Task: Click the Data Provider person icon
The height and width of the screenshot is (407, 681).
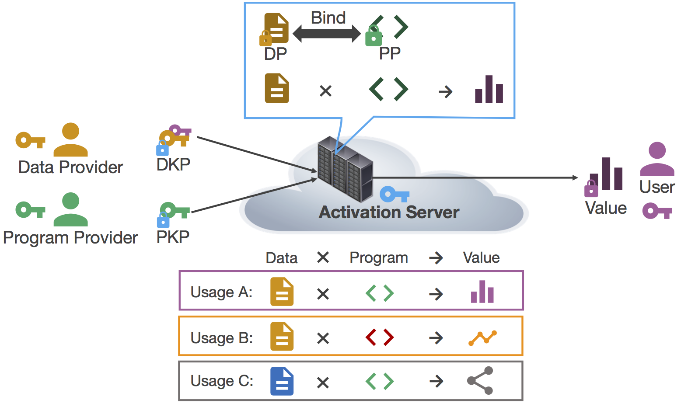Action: tap(70, 140)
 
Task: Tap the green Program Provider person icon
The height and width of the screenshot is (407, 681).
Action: tap(70, 209)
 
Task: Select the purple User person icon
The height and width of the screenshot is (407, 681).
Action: tap(657, 159)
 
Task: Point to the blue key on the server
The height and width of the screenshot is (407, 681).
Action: tap(394, 194)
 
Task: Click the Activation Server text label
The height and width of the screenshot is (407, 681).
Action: tap(389, 212)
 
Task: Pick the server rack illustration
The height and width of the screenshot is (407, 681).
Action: tap(345, 169)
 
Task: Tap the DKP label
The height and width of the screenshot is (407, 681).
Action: tap(173, 165)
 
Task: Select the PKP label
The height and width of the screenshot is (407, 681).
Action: tap(173, 237)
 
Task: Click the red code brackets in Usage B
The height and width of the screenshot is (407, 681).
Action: tap(380, 337)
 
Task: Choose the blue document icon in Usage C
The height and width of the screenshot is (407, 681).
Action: tap(282, 381)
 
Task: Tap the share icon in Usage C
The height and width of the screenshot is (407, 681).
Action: tap(481, 381)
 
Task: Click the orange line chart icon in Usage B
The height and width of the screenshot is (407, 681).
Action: tap(482, 338)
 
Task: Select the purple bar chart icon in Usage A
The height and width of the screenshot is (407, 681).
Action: tap(482, 292)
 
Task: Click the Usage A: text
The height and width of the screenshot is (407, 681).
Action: tap(221, 292)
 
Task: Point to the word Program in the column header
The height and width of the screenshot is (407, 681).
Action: tap(379, 258)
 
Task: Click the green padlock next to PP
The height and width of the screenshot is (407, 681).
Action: tap(374, 37)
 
